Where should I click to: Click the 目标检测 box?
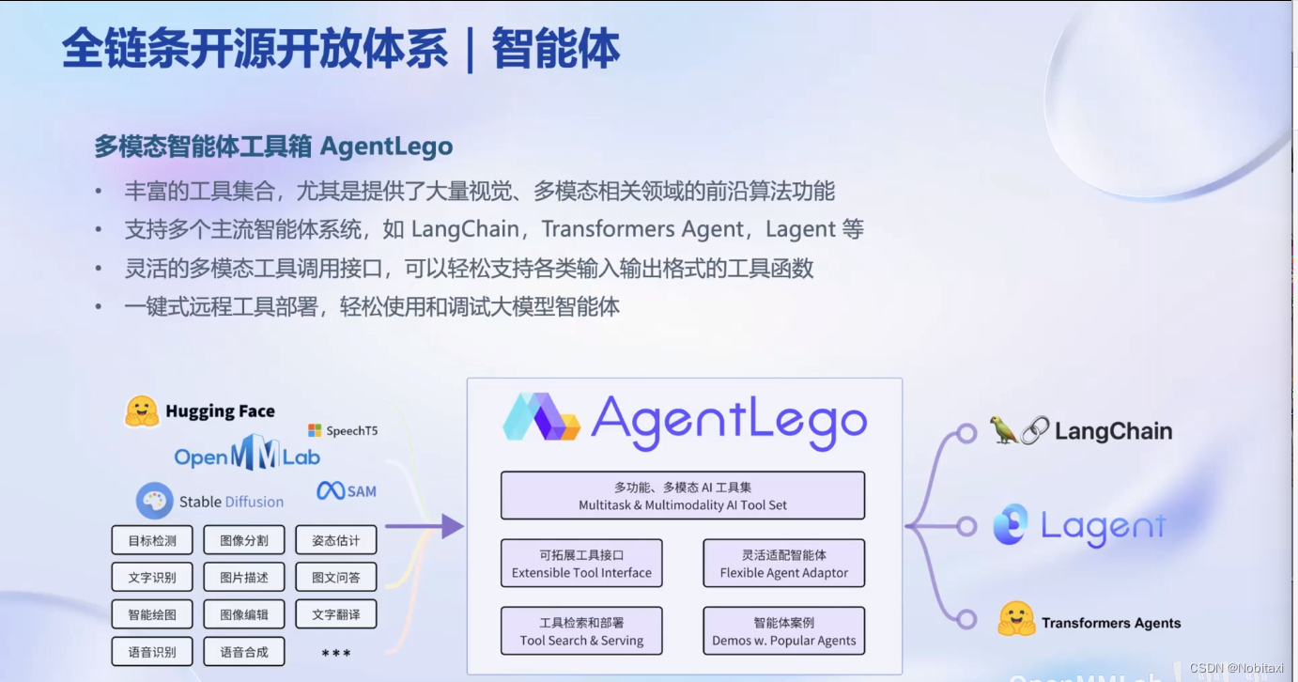[152, 540]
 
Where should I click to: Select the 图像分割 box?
[244, 540]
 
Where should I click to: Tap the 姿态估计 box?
[336, 540]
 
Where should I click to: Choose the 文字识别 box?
[152, 577]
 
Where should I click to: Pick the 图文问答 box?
[336, 577]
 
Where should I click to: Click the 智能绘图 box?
[152, 614]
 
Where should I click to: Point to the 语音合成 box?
[244, 651]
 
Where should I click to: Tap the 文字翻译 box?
[336, 614]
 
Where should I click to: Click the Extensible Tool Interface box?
[581, 564]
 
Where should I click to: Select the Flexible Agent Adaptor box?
[784, 564]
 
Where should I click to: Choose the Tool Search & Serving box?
[581, 631]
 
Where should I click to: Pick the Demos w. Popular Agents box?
[784, 631]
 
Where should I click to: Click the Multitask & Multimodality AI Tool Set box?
[683, 496]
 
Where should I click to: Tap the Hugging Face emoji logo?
[142, 411]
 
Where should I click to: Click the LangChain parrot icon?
[1004, 430]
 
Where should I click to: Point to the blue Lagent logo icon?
[1012, 526]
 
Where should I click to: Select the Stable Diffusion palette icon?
[155, 501]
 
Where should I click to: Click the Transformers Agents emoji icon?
[1016, 620]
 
